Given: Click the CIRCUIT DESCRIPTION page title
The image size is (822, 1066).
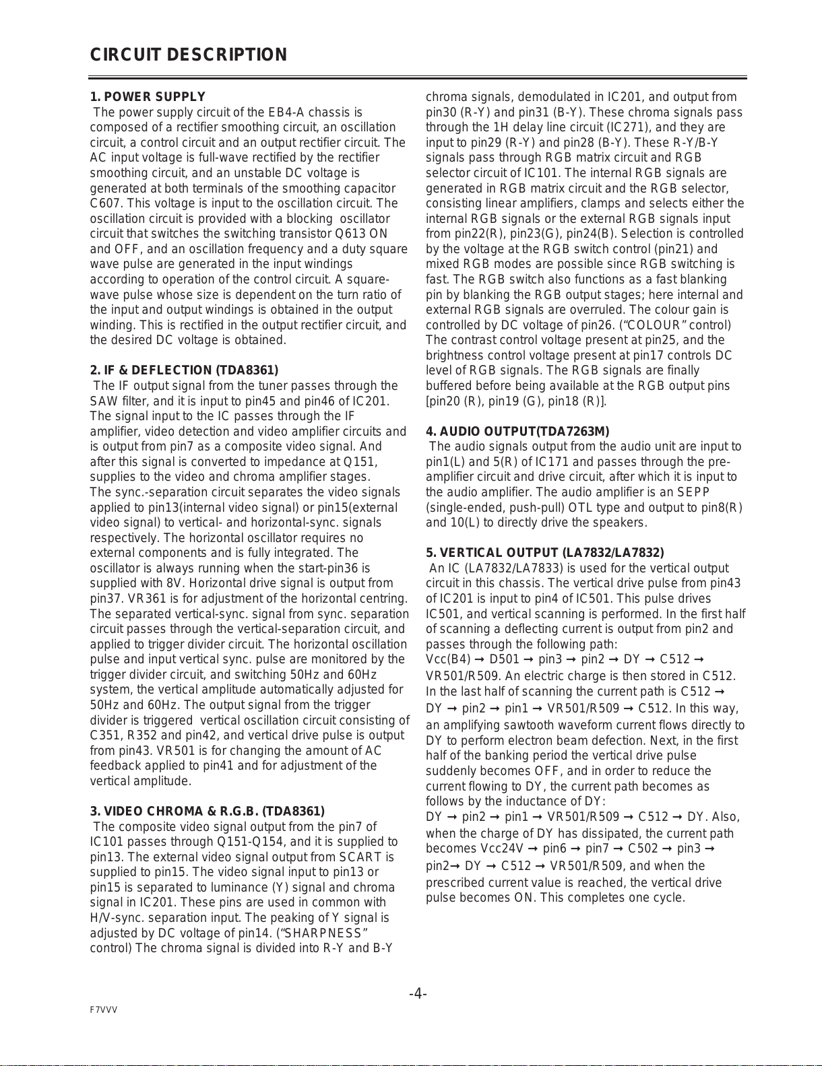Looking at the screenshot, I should [189, 55].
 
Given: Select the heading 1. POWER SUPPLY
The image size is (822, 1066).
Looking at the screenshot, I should [148, 97].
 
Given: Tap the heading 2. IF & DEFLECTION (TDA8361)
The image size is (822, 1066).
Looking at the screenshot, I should [184, 370].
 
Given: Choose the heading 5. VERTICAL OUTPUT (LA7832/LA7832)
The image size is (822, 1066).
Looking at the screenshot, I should [544, 553].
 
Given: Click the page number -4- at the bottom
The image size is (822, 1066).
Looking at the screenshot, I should [418, 994].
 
